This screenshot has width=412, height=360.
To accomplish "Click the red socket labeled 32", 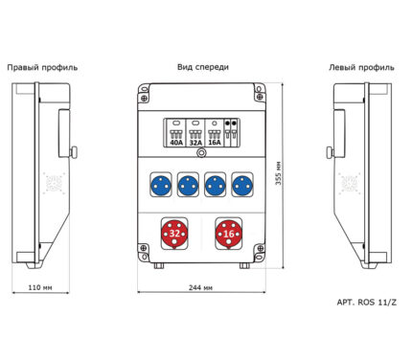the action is [174, 234].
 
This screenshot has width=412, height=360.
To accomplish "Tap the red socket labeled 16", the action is [228, 234].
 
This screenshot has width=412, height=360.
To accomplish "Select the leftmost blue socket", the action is [161, 185].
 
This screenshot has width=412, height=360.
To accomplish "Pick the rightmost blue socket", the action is [242, 185].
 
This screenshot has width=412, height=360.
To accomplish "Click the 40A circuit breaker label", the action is [176, 143].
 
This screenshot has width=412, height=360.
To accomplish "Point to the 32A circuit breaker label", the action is [195, 143].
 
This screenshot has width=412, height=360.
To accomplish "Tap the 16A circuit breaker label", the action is [215, 142].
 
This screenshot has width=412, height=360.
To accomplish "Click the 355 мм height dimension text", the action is [279, 173].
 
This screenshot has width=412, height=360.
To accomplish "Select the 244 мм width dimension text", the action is [200, 287].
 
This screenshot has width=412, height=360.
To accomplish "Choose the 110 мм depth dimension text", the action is [40, 287].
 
